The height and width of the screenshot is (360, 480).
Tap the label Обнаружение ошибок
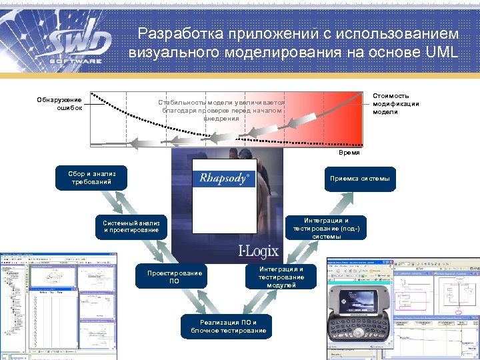tap(59, 103)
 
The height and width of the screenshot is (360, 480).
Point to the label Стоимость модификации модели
tap(395, 103)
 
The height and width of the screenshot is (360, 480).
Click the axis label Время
tap(349, 153)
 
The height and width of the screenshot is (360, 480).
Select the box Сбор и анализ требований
tap(92, 178)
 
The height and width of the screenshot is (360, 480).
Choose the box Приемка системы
tap(360, 179)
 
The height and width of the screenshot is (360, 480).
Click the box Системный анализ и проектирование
tap(131, 225)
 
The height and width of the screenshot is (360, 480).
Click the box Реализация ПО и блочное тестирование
tap(228, 326)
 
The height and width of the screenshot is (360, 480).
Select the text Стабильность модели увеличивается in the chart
tap(221, 102)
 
